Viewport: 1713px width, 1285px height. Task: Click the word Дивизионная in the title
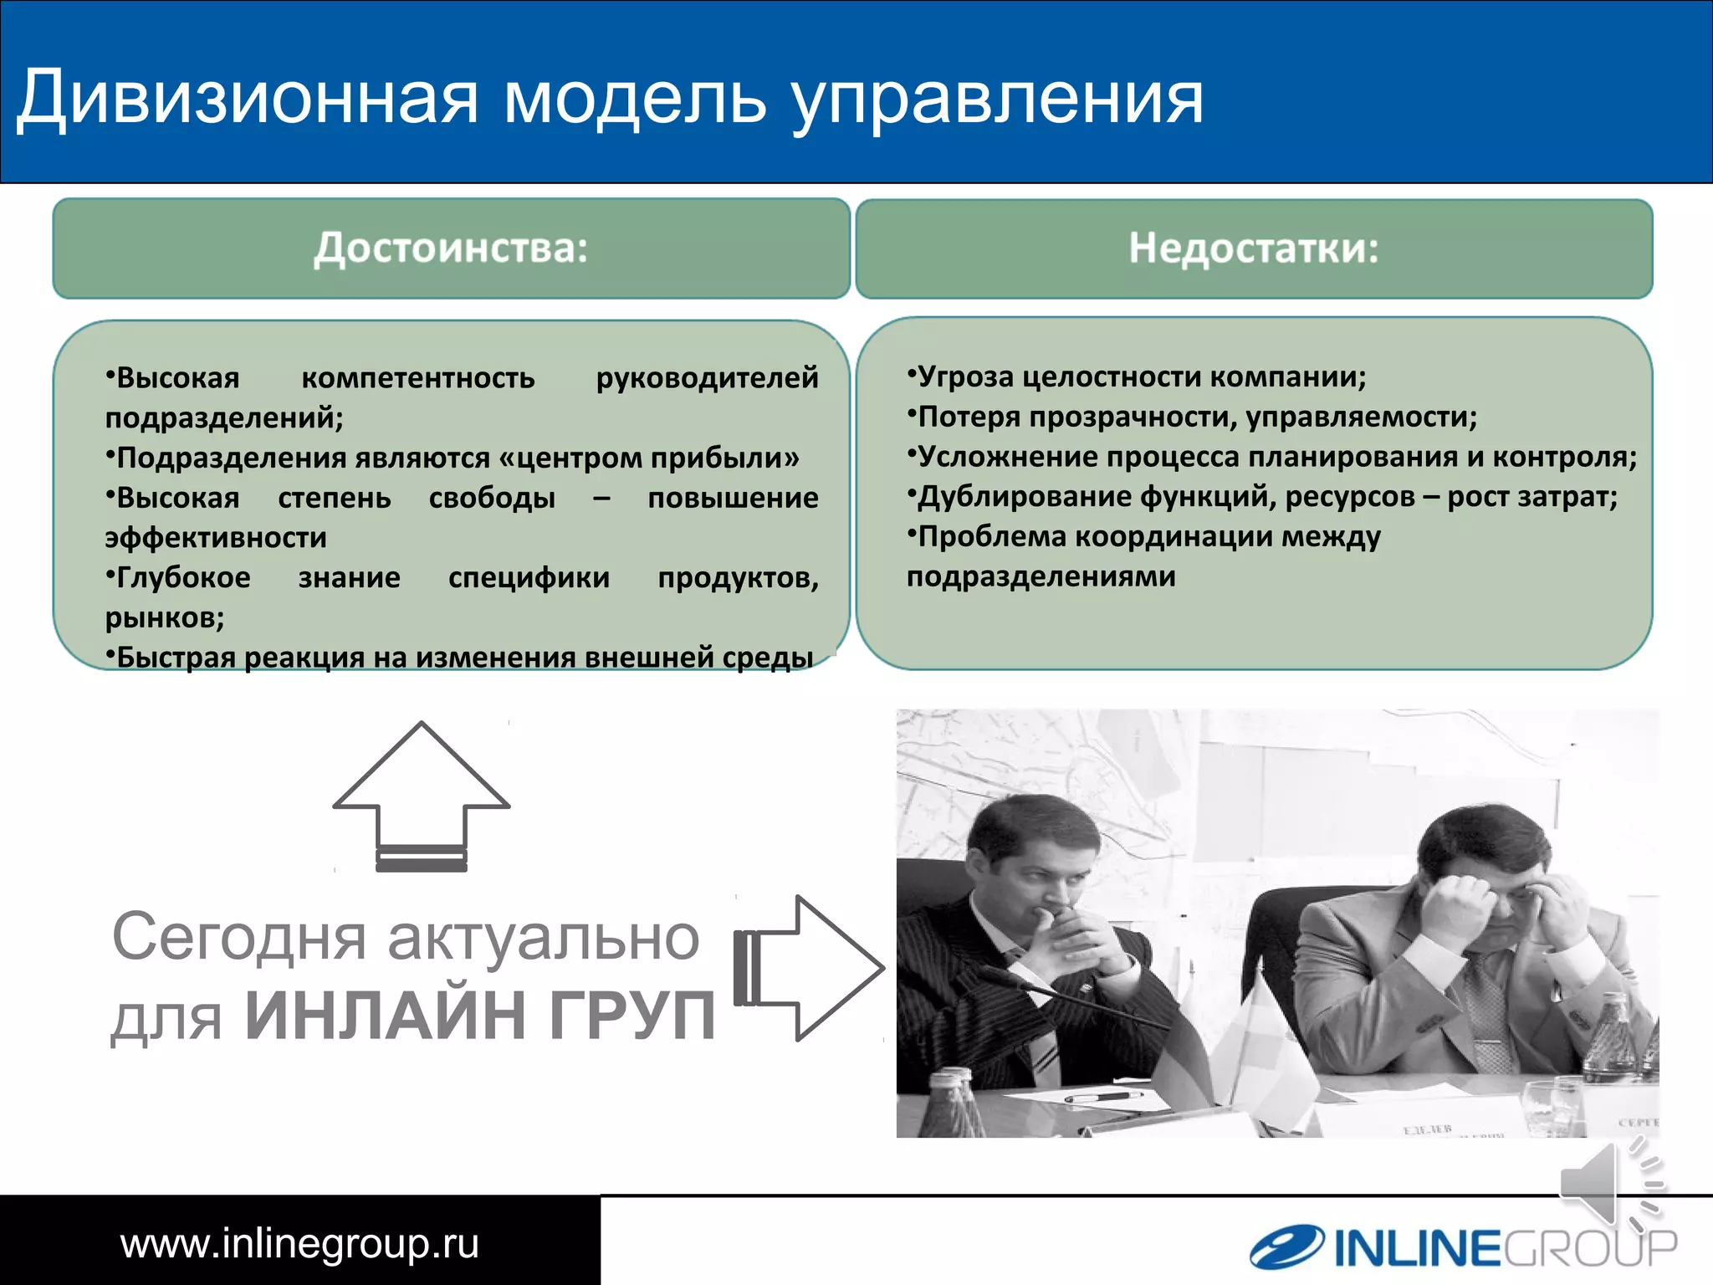(x=248, y=99)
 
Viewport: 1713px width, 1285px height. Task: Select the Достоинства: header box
(x=451, y=248)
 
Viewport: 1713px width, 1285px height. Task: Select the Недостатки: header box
(x=1254, y=248)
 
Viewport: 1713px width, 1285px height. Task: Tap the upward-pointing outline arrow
(x=421, y=795)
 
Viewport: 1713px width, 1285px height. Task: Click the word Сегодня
(x=239, y=938)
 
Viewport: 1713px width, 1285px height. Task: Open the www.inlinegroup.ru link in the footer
(x=299, y=1243)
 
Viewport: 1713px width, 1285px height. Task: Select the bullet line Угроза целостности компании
(x=1138, y=377)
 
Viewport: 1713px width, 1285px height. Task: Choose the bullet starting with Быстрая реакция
(x=460, y=658)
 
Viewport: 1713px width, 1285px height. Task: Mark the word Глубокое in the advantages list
(x=183, y=578)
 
